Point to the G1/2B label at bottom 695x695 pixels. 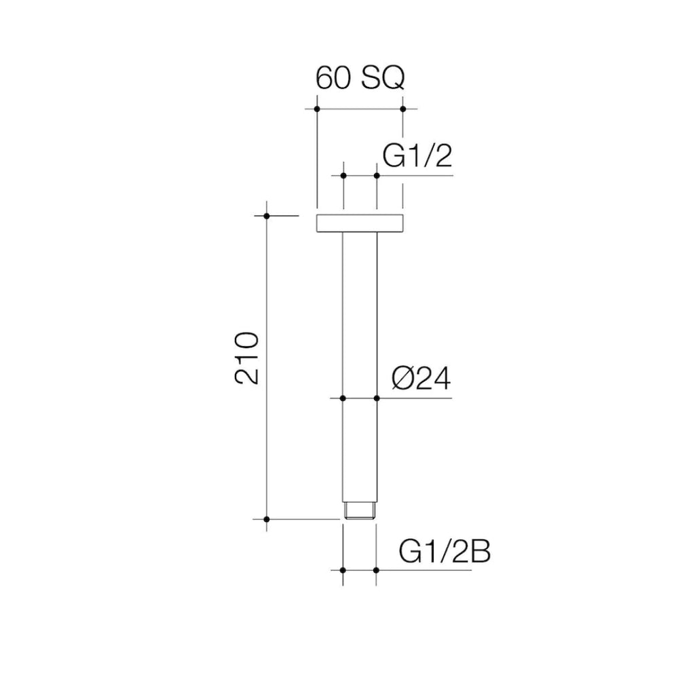coord(445,551)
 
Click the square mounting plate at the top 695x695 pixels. coord(360,223)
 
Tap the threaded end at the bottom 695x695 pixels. coord(360,510)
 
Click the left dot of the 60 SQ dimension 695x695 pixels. coord(317,109)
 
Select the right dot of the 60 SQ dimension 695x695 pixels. coord(403,109)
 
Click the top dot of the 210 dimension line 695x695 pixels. coord(267,216)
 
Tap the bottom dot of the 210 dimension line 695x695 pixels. coord(267,519)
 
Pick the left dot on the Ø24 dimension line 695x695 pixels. coord(343,398)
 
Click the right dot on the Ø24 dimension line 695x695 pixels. coord(377,398)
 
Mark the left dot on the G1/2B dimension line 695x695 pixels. coord(343,570)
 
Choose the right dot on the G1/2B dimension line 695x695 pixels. coord(376,570)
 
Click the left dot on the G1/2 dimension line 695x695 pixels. coord(343,176)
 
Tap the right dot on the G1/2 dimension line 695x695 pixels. coord(377,176)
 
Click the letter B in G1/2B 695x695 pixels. coord(479,551)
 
